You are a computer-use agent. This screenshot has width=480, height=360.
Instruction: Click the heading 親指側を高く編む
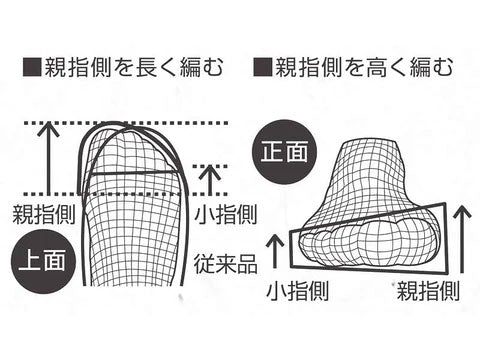tap(364, 67)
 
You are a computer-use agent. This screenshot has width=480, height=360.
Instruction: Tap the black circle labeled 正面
tap(284, 153)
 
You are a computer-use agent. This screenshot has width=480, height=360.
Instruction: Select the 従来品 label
tap(226, 264)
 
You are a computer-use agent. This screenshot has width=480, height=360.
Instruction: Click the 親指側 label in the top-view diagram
tap(44, 214)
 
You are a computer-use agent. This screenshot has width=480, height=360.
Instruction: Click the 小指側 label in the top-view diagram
tap(226, 214)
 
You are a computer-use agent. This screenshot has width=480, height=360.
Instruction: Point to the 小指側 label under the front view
tap(298, 290)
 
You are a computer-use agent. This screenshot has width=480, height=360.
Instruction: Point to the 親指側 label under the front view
tap(428, 290)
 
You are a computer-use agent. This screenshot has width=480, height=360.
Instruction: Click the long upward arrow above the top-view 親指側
tap(49, 159)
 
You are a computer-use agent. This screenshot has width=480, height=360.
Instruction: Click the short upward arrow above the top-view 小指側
tap(210, 180)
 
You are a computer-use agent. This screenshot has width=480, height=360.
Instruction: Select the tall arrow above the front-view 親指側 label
tap(462, 239)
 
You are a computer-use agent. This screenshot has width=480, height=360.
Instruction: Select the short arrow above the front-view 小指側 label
tap(275, 251)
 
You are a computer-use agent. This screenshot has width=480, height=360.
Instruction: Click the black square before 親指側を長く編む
tap(32, 67)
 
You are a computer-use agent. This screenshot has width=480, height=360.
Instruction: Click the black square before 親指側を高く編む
tap(263, 67)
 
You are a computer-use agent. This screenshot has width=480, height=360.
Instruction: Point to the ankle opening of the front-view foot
tap(370, 143)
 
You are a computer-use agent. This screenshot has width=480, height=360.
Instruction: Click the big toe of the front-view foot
tap(410, 239)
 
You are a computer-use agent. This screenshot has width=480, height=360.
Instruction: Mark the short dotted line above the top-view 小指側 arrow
tap(210, 166)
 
